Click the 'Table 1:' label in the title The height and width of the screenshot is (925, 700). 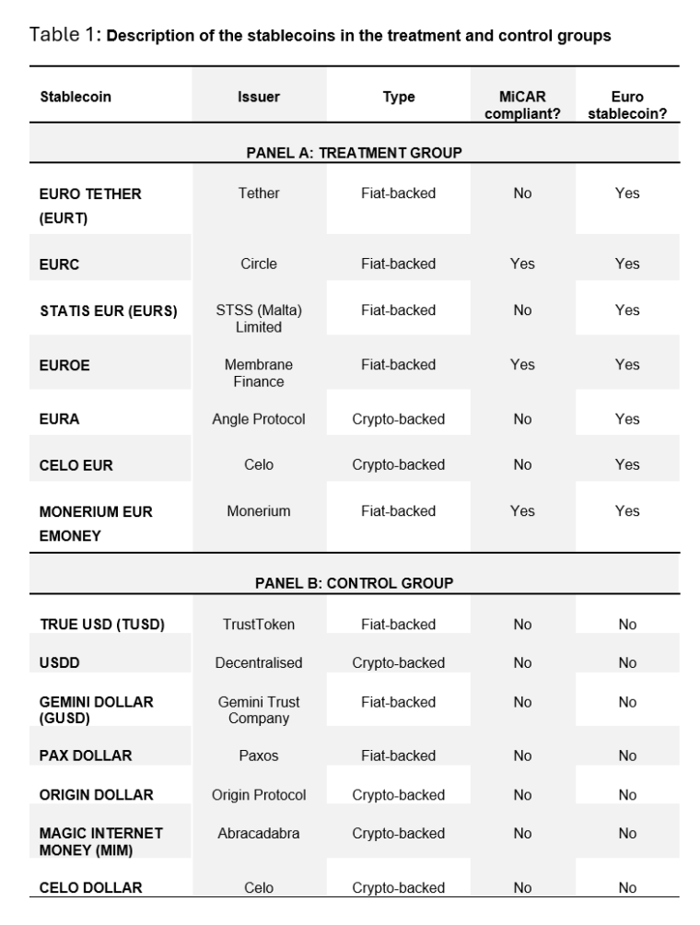65,36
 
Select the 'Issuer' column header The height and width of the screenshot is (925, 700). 259,97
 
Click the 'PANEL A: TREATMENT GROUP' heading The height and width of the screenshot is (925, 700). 354,152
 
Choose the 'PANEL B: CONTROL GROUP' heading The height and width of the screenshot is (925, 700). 354,583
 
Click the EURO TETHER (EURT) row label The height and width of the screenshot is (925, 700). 90,205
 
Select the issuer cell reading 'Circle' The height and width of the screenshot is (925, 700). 259,263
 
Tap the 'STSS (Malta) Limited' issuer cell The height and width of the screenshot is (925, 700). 259,318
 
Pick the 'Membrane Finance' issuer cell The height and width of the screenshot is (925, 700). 259,372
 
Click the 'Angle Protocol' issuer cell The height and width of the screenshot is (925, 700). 259,419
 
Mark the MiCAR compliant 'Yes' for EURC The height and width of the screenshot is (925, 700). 522,263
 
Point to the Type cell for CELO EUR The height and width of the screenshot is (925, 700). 398,464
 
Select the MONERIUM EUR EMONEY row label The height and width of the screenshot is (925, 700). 96,521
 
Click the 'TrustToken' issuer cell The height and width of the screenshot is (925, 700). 259,625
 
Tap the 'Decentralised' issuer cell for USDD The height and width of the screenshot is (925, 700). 259,663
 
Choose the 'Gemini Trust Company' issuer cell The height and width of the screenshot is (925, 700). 259,709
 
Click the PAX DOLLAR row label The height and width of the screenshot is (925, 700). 86,755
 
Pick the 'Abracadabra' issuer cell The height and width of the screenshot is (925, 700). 259,834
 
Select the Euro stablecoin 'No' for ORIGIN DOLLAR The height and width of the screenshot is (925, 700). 627,795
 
